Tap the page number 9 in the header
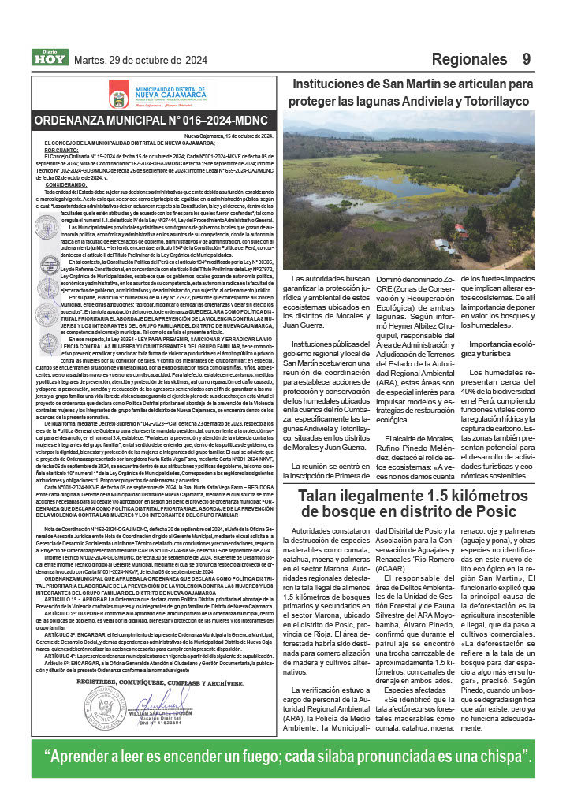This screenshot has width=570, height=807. click(x=527, y=59)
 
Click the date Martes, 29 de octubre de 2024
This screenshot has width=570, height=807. click(x=140, y=60)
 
